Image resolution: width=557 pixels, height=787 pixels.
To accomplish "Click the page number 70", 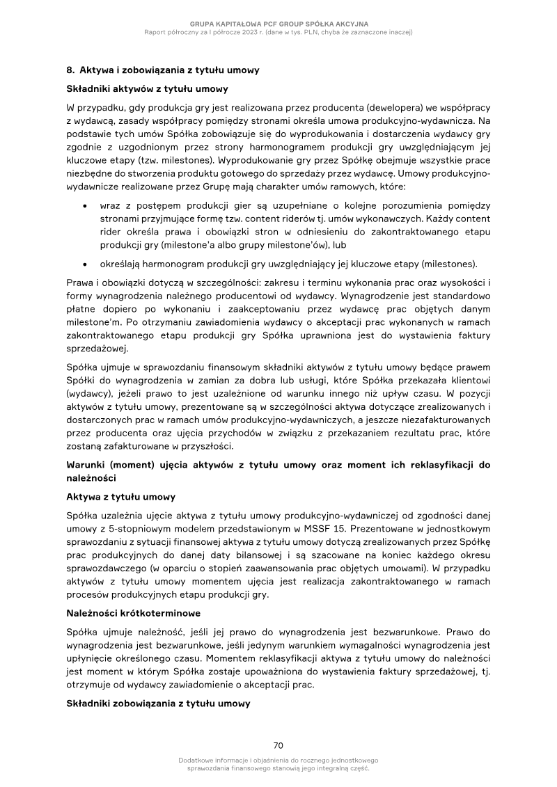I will pos(278,745).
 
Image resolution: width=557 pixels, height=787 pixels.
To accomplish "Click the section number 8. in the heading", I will pos(70,70).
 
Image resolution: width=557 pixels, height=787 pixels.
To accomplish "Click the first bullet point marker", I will pos(84,207).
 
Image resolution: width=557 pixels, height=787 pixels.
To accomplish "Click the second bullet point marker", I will pos(84,264).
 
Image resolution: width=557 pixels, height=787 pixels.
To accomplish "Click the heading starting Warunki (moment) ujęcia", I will pos(278,464).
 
